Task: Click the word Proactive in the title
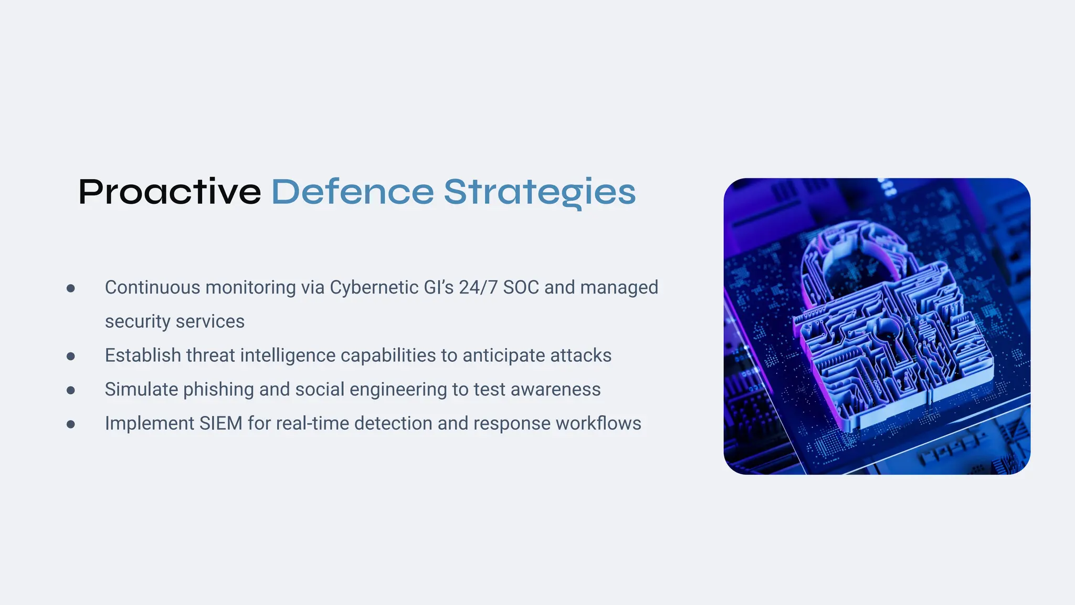[170, 192]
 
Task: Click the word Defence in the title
[352, 192]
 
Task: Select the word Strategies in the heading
[540, 192]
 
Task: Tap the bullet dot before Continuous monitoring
[71, 288]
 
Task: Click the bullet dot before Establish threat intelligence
[71, 357]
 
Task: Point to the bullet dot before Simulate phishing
[71, 390]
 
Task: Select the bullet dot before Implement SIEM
[71, 424]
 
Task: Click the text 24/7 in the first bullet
[478, 288]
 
